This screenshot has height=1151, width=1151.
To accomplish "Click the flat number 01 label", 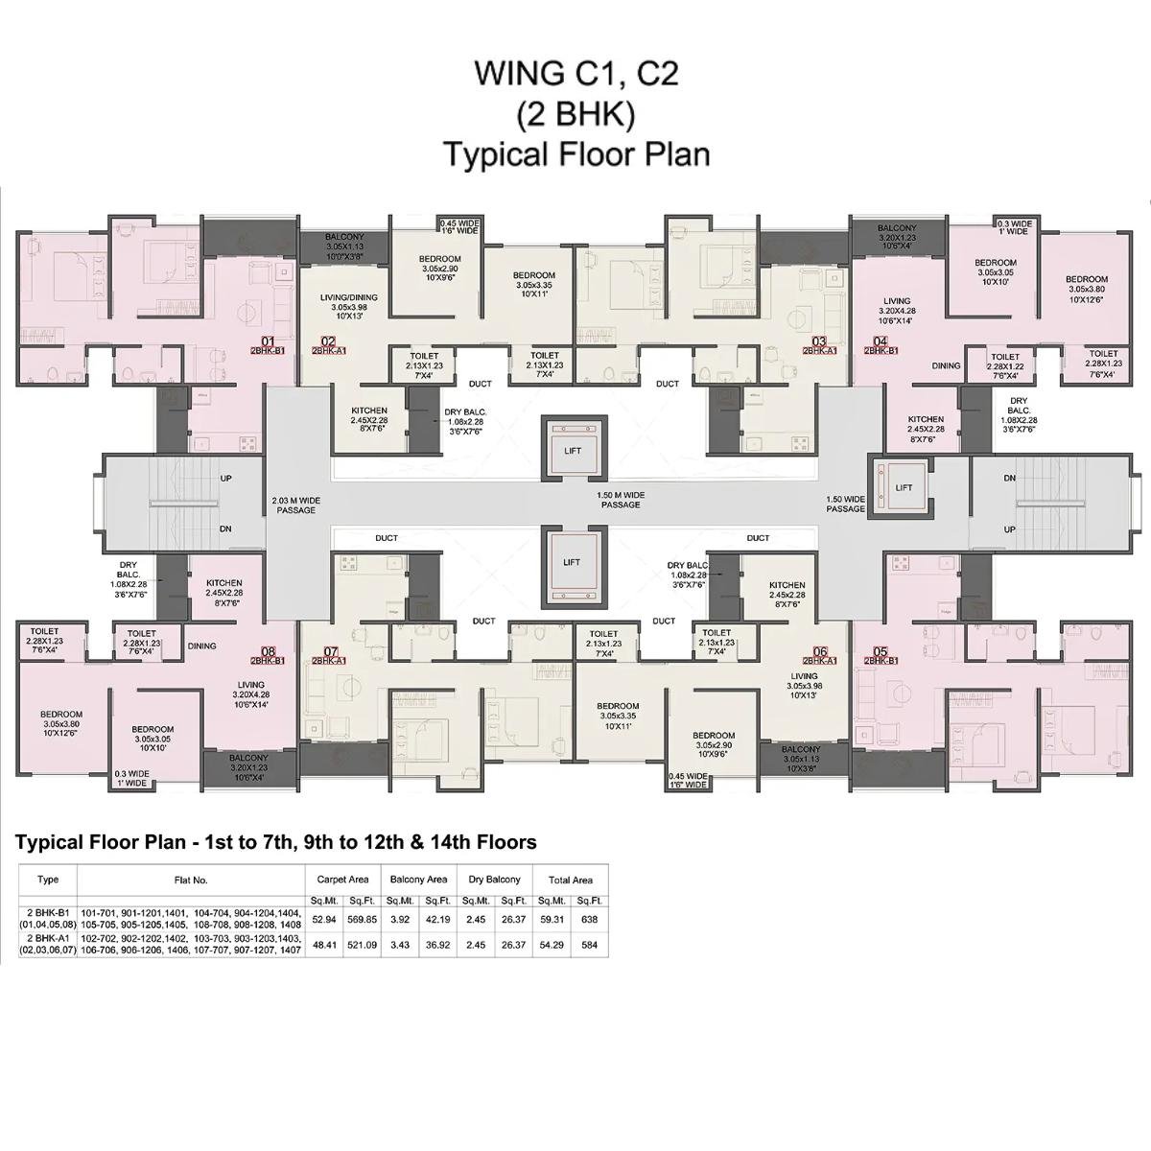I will click(x=268, y=341).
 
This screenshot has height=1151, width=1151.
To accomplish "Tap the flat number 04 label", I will click(x=881, y=341).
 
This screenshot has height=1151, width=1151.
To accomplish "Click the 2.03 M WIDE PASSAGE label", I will click(x=295, y=505).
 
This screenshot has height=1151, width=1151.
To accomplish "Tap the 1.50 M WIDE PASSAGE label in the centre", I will click(x=621, y=499).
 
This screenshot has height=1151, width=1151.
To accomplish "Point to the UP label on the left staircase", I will click(x=226, y=478).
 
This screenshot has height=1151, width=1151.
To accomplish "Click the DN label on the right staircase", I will click(x=1009, y=478).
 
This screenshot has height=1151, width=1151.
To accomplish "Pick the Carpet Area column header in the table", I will click(x=342, y=880).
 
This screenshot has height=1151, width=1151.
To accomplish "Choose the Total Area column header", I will click(x=570, y=880).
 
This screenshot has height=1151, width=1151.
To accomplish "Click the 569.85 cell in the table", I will click(x=362, y=918).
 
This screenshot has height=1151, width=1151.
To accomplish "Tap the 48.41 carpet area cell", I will click(x=324, y=944).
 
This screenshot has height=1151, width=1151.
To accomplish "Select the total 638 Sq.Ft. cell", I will click(x=589, y=918).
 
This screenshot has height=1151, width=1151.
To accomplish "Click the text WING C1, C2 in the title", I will click(x=576, y=74).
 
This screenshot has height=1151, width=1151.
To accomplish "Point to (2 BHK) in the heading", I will click(x=576, y=114).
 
